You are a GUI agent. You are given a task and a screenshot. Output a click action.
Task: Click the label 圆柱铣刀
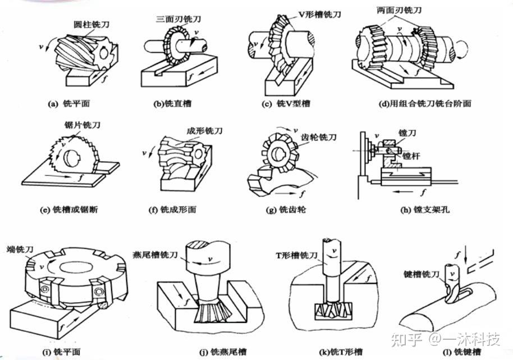click(90, 25)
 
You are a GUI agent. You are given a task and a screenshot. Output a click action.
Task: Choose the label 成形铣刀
click(205, 131)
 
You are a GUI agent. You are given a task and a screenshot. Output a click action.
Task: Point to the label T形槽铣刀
click(298, 255)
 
